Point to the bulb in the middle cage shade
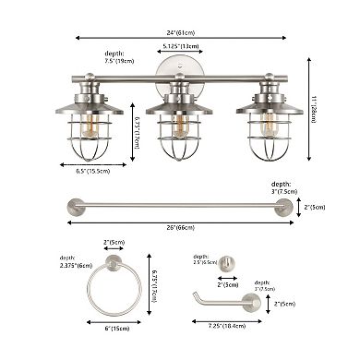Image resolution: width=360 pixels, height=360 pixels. tap(180, 126)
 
